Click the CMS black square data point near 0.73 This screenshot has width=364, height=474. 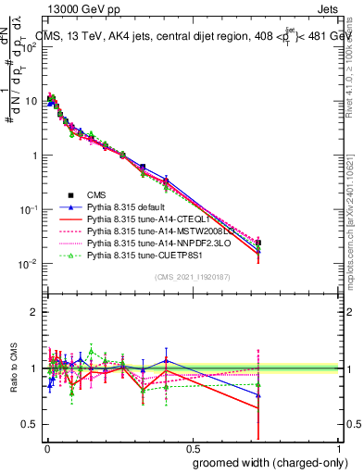(x=258, y=243)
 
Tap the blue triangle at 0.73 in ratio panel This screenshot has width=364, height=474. (x=258, y=395)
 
